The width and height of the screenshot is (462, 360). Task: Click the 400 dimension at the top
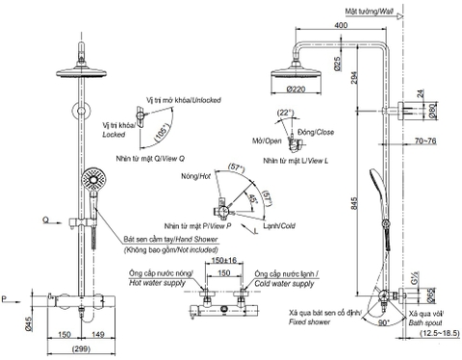(342, 23)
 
